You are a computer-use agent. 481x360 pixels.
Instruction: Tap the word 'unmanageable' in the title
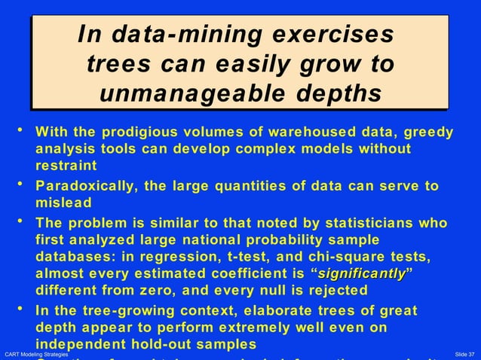click(x=191, y=94)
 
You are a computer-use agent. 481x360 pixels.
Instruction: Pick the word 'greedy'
click(x=426, y=133)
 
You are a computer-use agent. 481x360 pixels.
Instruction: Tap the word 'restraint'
click(x=66, y=165)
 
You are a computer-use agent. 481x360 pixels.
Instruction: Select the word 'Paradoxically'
click(x=88, y=186)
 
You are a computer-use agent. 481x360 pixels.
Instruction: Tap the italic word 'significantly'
click(x=361, y=273)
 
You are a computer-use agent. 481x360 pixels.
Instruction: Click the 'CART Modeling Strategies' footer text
click(x=37, y=354)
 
